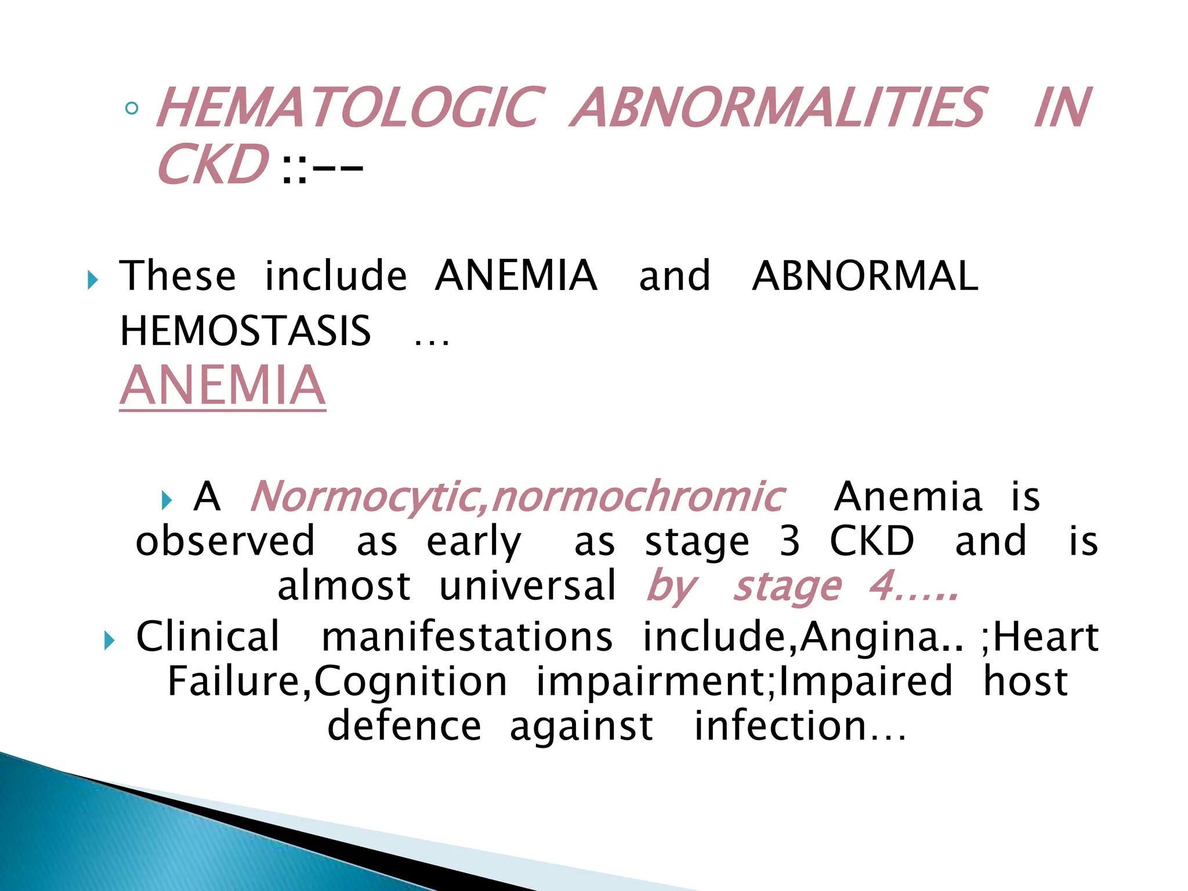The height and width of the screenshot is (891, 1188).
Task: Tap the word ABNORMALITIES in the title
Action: click(x=777, y=108)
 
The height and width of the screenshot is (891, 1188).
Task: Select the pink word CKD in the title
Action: click(x=212, y=165)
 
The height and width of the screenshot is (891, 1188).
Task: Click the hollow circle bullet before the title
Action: click(x=132, y=108)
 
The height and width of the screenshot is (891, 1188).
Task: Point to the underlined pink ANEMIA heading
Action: click(x=223, y=386)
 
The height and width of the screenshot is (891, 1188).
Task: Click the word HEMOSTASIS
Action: click(x=245, y=331)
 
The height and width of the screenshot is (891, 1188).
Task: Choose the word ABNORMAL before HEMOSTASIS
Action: click(x=865, y=276)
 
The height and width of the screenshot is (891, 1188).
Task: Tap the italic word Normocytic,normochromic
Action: click(x=517, y=497)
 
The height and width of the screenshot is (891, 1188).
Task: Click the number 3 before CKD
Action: click(x=789, y=541)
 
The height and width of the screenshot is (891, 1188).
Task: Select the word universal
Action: click(x=528, y=586)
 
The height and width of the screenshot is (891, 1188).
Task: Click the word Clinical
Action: click(x=208, y=636)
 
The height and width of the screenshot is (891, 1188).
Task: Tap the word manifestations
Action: click(x=467, y=636)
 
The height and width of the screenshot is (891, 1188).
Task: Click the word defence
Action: click(x=404, y=726)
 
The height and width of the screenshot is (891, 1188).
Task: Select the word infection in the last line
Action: click(x=781, y=726)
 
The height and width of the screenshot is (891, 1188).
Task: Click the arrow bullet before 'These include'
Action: click(x=92, y=281)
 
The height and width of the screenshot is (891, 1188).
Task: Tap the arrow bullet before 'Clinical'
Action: click(x=109, y=641)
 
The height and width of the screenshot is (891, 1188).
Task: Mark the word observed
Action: click(x=225, y=541)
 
